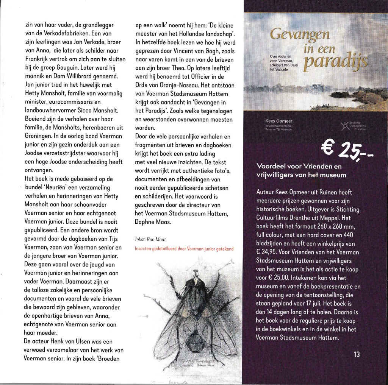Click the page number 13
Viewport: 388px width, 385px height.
(x=356, y=355)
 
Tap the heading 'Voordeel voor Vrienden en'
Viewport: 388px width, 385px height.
(x=299, y=167)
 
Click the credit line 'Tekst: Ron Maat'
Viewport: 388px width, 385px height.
(x=151, y=240)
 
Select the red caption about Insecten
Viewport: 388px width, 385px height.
(x=184, y=249)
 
